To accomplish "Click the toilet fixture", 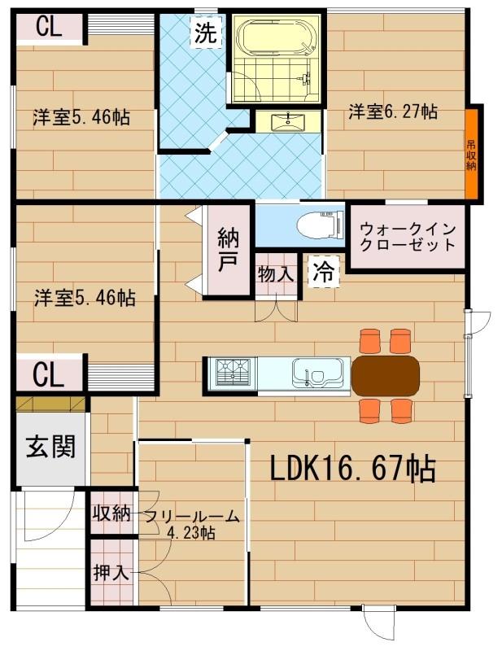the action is pos(321,225).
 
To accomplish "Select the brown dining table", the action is pos(386,376).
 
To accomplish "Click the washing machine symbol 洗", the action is pos(206,33).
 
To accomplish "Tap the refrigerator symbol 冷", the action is pos(325,271).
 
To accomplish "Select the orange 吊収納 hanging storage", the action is pos(471,155).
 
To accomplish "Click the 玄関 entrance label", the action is pos(51,447).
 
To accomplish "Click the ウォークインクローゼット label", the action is pos(408,237).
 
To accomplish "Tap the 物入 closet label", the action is pos(276,273).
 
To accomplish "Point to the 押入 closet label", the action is pos(111,573).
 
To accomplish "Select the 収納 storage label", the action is pos(111,513).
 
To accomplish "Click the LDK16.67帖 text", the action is pos(352,468).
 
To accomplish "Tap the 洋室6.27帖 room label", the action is pos(393,111).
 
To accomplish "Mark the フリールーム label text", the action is pos(192,517).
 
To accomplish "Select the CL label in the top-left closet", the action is pos(49,27).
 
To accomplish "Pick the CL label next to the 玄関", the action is pos(48,375).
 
